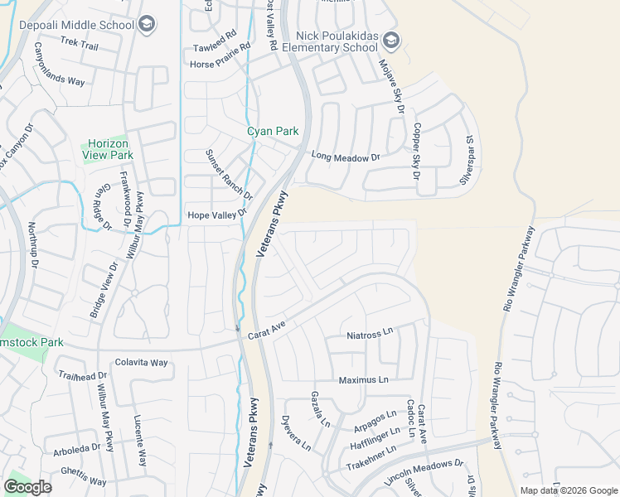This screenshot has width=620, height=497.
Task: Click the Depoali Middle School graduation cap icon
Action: coord(147,24)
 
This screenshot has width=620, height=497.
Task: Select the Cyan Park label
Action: coord(273,131)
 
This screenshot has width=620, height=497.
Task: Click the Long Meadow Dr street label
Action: coord(345,157)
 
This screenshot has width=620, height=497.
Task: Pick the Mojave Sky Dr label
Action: coord(390,86)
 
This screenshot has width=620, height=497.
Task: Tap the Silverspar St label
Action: coord(467,160)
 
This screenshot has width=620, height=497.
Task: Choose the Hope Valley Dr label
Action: coord(218,215)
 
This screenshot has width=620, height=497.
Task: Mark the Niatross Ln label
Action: coord(370,335)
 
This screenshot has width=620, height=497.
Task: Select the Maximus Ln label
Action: coord(363,379)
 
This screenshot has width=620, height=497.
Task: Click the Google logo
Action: coord(27,487)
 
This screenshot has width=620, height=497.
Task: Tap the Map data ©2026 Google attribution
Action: coord(568,490)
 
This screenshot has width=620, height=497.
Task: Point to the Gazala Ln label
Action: coord(320,409)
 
